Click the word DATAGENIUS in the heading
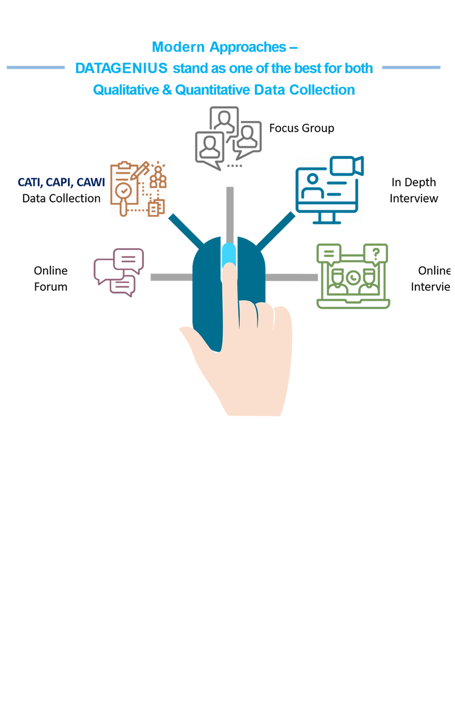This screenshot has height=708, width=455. pos(121,68)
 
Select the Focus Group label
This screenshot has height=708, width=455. pos(301,128)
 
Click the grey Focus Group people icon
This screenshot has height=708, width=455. pos(227,137)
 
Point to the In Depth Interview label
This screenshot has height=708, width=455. pos(414,190)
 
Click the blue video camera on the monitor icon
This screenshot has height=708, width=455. pos(347,166)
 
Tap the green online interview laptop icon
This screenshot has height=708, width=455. pos(353,277)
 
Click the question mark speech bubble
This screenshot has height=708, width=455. pos(376,253)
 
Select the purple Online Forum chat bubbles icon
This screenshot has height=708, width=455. pos(119,272)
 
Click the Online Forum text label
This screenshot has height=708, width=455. pos(51,279)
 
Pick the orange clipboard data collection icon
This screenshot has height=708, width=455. pos(138,189)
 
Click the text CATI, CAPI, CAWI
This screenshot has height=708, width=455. pos(61,183)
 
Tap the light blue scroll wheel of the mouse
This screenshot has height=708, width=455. pos(229,253)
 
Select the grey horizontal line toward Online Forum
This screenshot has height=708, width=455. pos(171,277)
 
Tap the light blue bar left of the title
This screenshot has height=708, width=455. pos(35,67)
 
